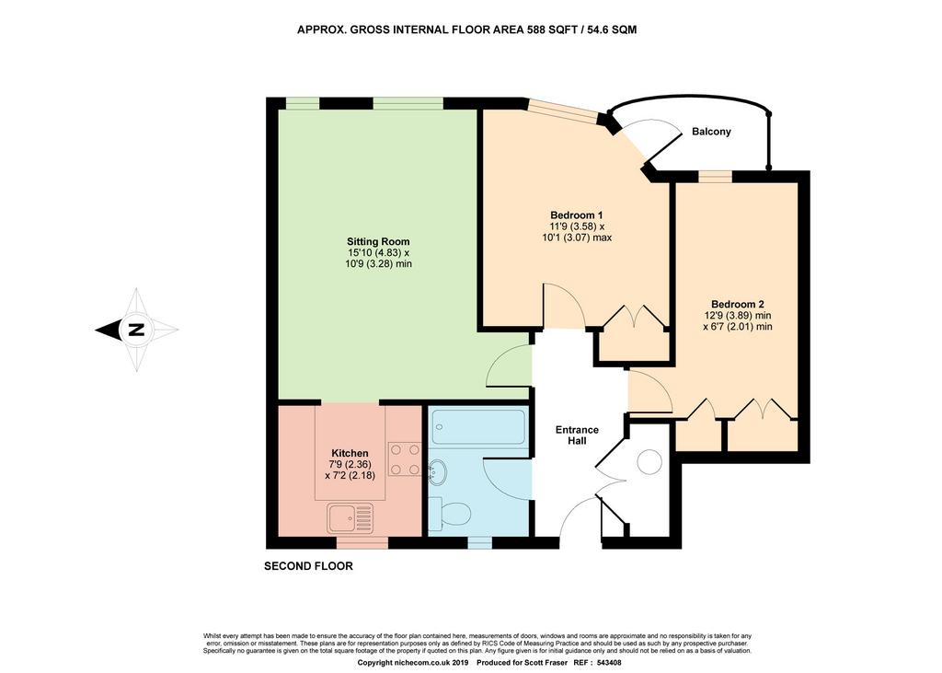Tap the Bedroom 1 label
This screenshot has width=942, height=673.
point(577,215)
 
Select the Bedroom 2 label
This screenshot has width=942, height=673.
point(737,305)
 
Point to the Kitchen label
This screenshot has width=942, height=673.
point(350,453)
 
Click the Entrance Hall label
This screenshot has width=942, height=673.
point(577,435)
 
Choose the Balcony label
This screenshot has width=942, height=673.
point(711,131)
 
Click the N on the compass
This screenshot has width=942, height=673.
point(137,330)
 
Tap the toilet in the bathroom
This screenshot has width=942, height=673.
point(450,515)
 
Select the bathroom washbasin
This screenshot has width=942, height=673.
point(437,472)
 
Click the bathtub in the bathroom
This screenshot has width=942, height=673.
point(477,426)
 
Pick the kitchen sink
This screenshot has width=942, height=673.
point(350,518)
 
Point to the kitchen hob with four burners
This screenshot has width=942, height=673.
point(405,458)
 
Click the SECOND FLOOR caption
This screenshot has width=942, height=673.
point(308,566)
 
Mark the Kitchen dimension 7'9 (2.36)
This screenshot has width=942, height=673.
point(350,464)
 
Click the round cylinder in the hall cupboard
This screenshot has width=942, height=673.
point(649,462)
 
